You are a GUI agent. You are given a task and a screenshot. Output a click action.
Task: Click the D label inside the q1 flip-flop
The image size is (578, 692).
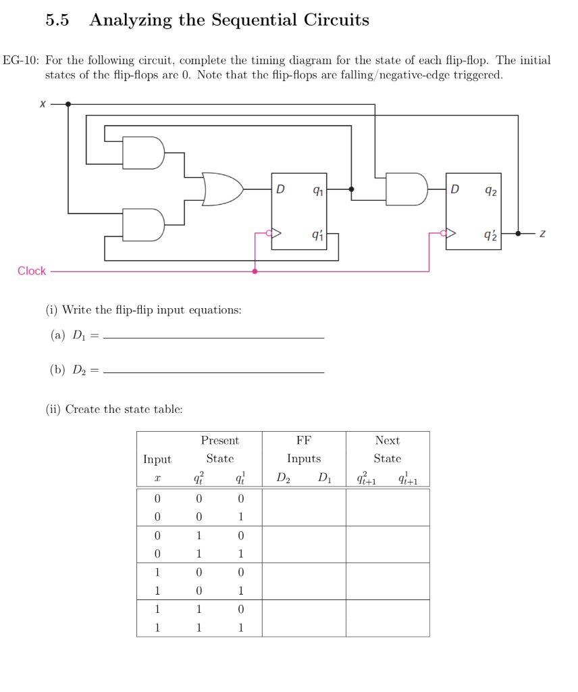coord(280,188)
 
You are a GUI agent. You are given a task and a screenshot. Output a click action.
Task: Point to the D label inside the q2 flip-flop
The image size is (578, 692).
coord(455,188)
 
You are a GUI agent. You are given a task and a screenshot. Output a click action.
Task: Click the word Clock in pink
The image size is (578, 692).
coord(32,271)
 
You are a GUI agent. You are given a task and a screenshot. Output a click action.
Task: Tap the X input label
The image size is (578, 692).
coord(42,104)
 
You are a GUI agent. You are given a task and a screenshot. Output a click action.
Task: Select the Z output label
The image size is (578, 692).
coord(542,233)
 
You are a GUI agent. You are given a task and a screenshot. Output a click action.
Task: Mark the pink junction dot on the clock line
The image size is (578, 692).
coord(255,271)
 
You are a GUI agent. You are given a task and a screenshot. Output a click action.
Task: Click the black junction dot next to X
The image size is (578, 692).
coord(68,104)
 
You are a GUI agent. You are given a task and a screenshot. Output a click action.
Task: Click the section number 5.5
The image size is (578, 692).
coord(57,20)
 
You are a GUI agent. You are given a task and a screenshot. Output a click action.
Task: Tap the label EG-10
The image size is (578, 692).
coord(21,60)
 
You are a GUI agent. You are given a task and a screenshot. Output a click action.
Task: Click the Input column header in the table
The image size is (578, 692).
coord(157,459)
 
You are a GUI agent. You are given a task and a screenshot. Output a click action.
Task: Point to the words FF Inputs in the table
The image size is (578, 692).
coord(304,449)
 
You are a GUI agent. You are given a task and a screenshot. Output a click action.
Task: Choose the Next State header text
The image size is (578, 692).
coord(388,449)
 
